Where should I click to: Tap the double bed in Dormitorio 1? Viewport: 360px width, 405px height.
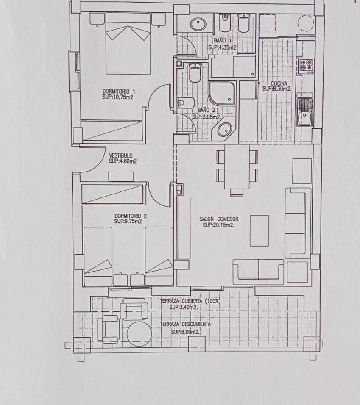coord(128,43)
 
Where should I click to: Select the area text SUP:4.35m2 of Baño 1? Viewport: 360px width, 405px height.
coord(222,47)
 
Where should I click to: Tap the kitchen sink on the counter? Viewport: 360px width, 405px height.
coord(304,111)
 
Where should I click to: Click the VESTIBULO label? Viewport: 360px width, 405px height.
coord(121,155)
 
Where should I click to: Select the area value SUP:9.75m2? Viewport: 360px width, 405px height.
coord(128,221)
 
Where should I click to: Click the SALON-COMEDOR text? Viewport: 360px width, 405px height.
coord(219,219)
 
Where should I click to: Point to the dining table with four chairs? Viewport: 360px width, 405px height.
coord(237,168)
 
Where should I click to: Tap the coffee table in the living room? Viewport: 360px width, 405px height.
coord(259,230)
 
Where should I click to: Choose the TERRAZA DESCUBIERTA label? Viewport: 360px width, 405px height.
coord(185,324)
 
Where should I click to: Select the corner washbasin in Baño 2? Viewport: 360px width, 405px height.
coord(225,129)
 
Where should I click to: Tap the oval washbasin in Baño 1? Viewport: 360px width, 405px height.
coord(198,24)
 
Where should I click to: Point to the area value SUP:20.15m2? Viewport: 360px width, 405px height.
coord(218,225)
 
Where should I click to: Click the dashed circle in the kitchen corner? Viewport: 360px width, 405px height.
coord(306,23)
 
